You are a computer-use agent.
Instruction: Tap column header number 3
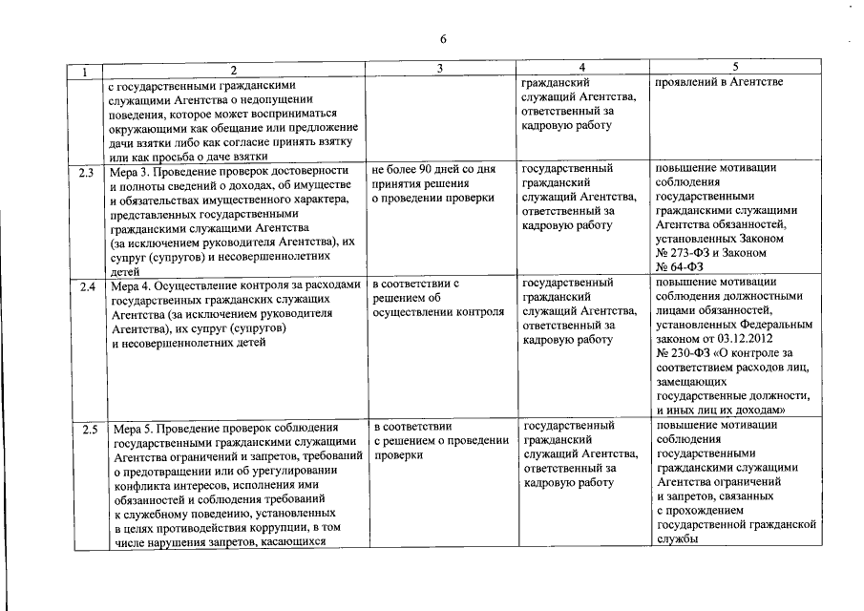pos(439,69)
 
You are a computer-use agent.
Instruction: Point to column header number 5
pos(735,68)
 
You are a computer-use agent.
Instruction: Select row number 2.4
pos(87,286)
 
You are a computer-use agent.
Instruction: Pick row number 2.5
pos(88,430)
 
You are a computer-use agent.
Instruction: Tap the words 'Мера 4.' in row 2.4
pos(133,284)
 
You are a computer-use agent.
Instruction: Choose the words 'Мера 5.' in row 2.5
pos(133,427)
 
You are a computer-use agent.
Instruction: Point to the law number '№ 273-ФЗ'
pos(685,253)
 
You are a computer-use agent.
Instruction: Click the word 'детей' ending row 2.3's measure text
pos(126,271)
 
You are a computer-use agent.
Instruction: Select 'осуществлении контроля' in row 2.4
pos(438,311)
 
